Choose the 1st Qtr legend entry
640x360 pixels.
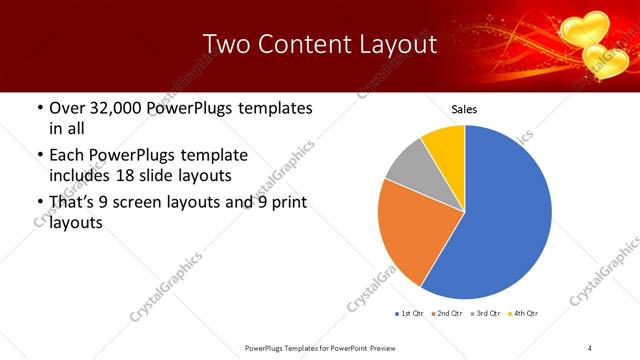[x=411, y=314]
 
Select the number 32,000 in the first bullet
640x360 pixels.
[x=115, y=108]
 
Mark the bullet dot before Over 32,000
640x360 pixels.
[x=39, y=108]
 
